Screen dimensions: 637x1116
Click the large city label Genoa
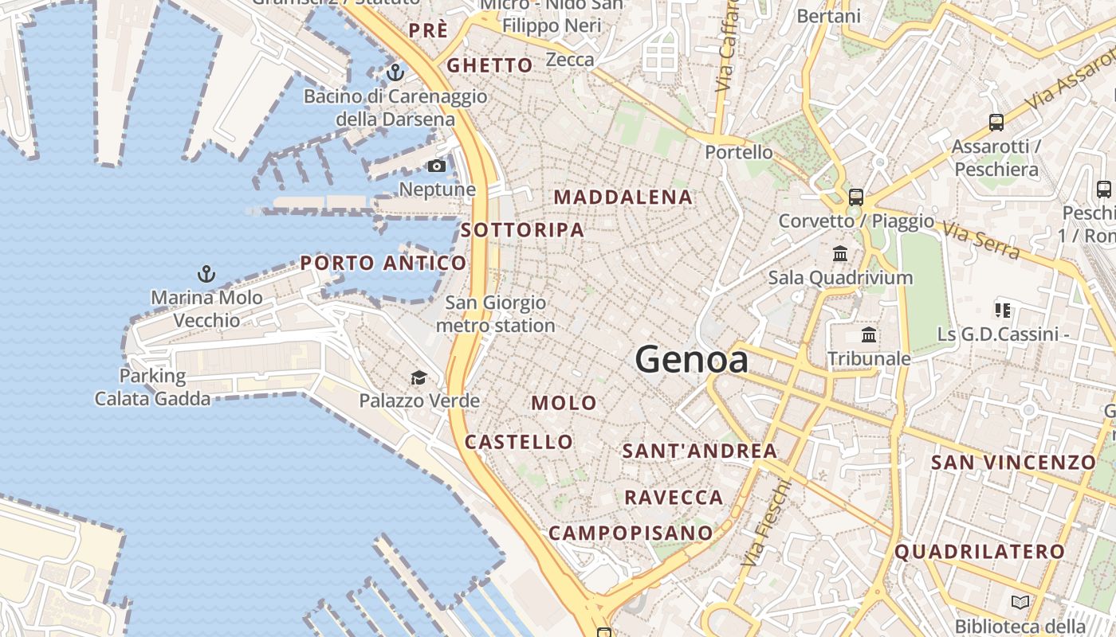coord(692,360)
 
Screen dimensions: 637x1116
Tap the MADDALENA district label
coord(623,197)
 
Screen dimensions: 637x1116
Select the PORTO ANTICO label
coord(383,263)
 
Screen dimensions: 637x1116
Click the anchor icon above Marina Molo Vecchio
coord(206,275)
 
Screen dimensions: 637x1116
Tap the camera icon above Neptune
coord(437,166)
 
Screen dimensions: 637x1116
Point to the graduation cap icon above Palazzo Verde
coord(418,377)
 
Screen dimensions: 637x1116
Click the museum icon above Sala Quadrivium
coord(840,254)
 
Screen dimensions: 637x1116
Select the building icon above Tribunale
coord(869,335)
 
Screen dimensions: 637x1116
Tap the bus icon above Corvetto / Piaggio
coord(856,197)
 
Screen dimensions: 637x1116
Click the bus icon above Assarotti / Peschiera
coord(996,123)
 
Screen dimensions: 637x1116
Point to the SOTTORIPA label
coord(522,230)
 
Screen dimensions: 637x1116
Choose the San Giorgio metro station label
coord(496,314)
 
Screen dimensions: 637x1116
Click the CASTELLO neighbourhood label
coord(519,442)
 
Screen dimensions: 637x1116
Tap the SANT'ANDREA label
coord(699,451)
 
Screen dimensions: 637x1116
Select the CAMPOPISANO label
coord(631,533)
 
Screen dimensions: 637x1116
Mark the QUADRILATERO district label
coord(980,551)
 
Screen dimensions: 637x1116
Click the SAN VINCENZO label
coord(1013,462)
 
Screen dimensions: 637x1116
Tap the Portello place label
coord(739,152)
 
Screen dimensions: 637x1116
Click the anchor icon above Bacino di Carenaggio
coord(395,72)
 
